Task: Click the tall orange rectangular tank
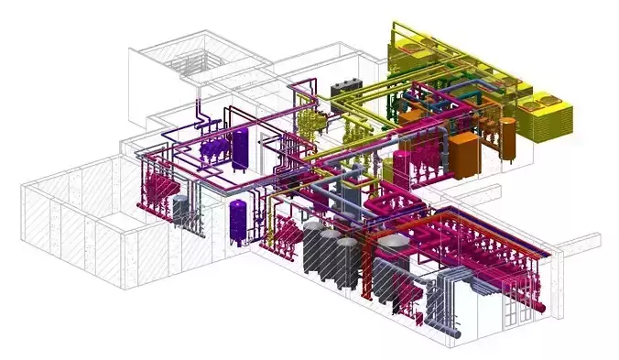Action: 464,154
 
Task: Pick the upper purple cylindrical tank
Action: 241,148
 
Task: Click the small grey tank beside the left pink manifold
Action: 180,210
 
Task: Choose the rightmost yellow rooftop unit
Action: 550,116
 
